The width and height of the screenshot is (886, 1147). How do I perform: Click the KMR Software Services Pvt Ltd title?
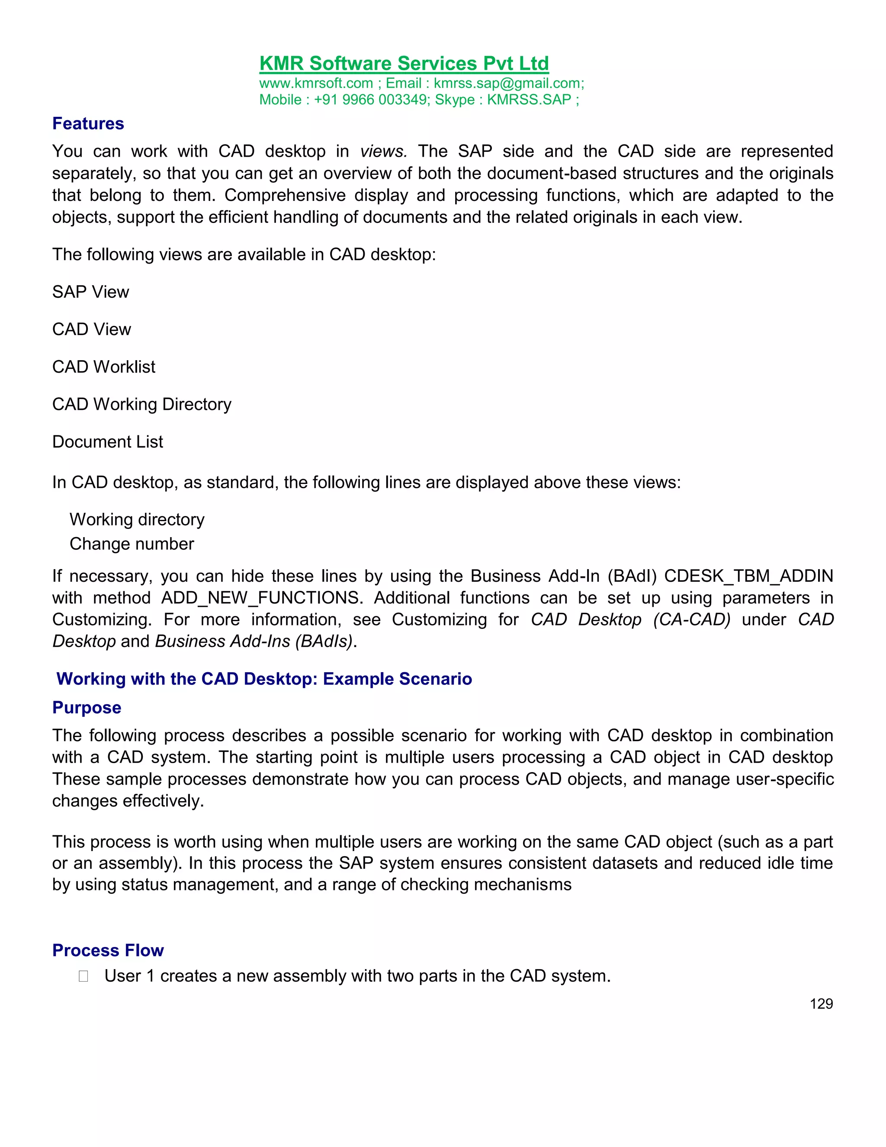click(x=404, y=64)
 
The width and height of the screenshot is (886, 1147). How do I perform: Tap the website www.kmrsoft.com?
click(x=316, y=84)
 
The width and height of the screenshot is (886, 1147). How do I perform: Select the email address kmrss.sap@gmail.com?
click(x=507, y=84)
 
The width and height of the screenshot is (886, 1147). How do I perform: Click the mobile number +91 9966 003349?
click(x=371, y=100)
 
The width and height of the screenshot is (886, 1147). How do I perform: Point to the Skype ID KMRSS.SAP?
click(x=529, y=100)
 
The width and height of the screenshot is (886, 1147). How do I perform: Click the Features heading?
click(x=88, y=124)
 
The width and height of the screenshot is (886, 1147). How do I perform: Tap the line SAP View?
click(x=90, y=292)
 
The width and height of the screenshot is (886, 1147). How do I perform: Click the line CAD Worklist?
click(x=103, y=367)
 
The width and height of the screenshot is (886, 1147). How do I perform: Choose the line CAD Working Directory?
click(x=142, y=404)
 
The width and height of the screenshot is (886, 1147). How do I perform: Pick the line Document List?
click(x=108, y=441)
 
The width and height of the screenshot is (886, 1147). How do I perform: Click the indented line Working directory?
click(x=137, y=519)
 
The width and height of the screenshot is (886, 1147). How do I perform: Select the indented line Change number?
click(x=132, y=544)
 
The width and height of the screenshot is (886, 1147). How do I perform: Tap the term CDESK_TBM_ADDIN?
click(x=748, y=576)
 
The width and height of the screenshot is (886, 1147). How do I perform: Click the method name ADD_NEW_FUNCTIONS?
click(x=261, y=598)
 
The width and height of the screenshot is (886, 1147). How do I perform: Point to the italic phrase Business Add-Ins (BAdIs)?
click(x=254, y=642)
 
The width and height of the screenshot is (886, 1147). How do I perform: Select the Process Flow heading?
click(x=108, y=950)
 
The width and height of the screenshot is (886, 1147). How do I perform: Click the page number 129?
click(x=821, y=1004)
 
